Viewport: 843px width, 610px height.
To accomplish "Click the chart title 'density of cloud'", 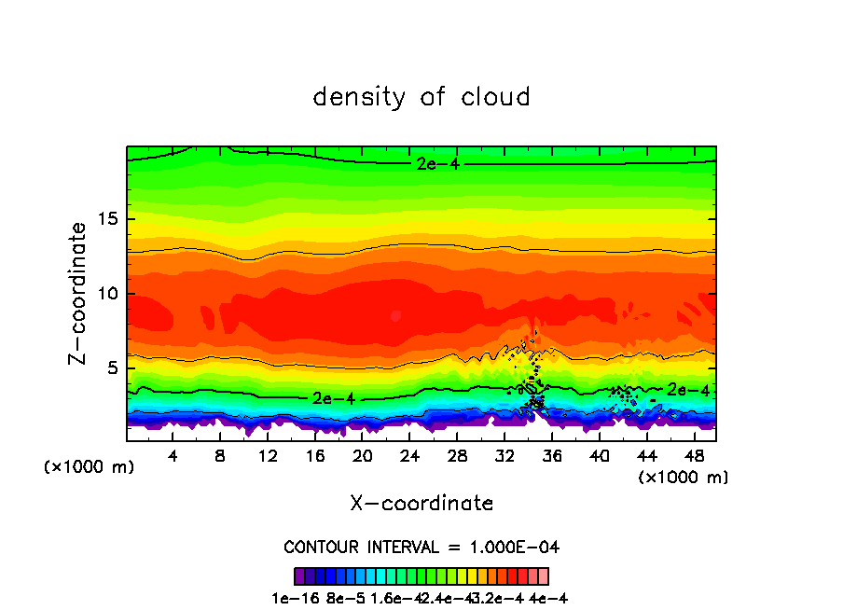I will pyautogui.click(x=421, y=97).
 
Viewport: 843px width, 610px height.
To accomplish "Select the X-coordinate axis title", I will pyautogui.click(x=421, y=504).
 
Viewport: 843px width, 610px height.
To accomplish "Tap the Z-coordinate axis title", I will pyautogui.click(x=79, y=293).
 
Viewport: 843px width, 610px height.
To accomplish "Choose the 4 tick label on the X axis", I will pyautogui.click(x=173, y=456).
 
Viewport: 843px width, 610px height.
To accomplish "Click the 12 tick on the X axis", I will pyautogui.click(x=268, y=456).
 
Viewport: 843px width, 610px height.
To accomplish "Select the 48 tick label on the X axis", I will pyautogui.click(x=694, y=456).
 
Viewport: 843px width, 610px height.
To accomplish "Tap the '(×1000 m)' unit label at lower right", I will pyautogui.click(x=684, y=478).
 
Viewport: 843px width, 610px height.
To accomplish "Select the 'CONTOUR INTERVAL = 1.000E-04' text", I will pyautogui.click(x=421, y=547).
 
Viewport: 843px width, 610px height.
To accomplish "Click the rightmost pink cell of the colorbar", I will pyautogui.click(x=543, y=576).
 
